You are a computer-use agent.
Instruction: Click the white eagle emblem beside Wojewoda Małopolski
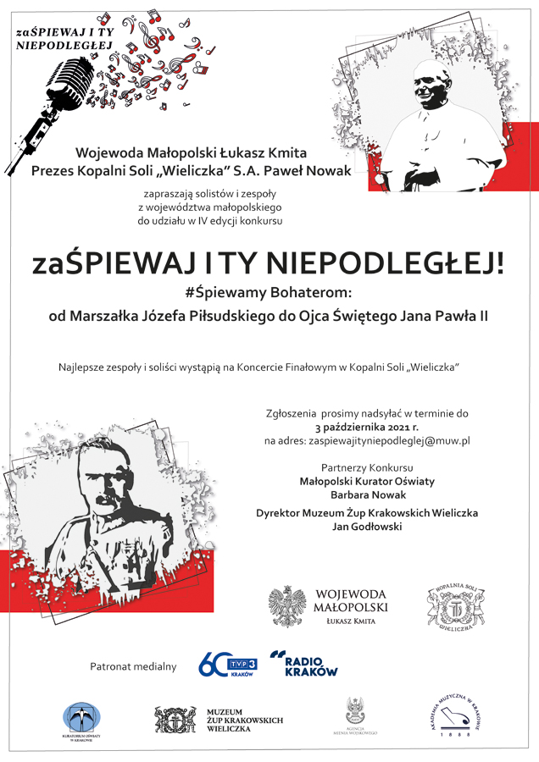pyautogui.click(x=287, y=606)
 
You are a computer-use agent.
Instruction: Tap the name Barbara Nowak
pyautogui.click(x=367, y=494)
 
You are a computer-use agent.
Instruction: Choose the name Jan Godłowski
pyautogui.click(x=367, y=527)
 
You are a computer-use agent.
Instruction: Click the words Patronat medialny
pyautogui.click(x=133, y=666)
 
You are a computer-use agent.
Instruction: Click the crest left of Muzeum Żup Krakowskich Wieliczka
pyautogui.click(x=175, y=719)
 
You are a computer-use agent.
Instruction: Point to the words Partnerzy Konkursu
pyautogui.click(x=367, y=467)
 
